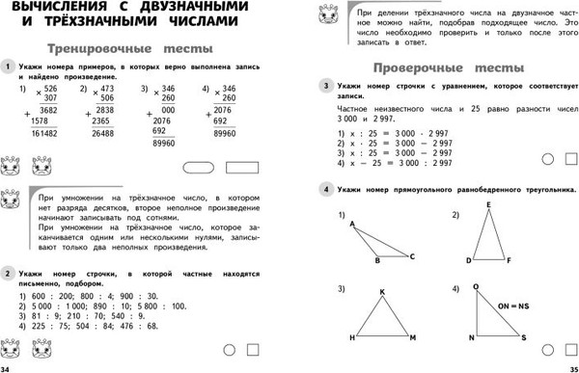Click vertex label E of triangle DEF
click(488, 205)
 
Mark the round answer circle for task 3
click(546, 159)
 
